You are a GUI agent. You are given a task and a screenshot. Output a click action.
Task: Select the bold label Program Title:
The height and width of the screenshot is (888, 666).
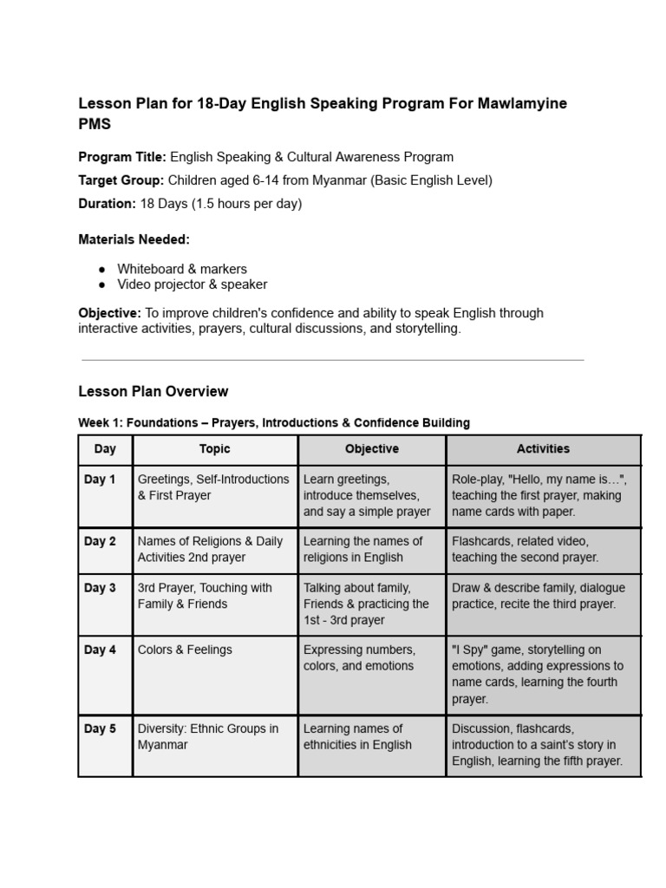122,157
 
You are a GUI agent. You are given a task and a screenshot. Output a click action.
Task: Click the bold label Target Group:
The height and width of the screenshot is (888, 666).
121,180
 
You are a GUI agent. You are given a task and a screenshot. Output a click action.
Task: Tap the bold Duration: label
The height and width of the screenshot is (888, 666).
108,204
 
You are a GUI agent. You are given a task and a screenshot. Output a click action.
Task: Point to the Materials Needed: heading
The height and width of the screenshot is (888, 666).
134,238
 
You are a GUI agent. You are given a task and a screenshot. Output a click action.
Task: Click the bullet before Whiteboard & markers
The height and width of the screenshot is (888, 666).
102,269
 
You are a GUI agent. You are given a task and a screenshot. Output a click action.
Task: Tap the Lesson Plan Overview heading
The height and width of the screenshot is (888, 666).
153,391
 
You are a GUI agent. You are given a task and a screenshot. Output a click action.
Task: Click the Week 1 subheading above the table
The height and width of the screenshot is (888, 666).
274,422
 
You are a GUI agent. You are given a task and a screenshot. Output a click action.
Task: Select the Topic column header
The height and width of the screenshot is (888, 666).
214,449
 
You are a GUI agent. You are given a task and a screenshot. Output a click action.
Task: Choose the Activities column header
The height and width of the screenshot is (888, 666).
543,449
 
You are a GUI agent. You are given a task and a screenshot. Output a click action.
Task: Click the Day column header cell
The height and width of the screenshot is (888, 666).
105,449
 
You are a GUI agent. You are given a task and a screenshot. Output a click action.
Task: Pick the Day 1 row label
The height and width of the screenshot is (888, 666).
100,480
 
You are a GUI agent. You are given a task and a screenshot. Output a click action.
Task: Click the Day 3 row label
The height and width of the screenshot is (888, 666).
100,588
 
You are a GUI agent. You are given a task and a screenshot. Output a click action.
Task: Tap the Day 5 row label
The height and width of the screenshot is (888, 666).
100,728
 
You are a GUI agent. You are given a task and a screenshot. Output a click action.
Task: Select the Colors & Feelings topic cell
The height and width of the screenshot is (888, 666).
185,650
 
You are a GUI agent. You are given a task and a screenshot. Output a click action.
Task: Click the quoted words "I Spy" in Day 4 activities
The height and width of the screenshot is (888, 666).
471,650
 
